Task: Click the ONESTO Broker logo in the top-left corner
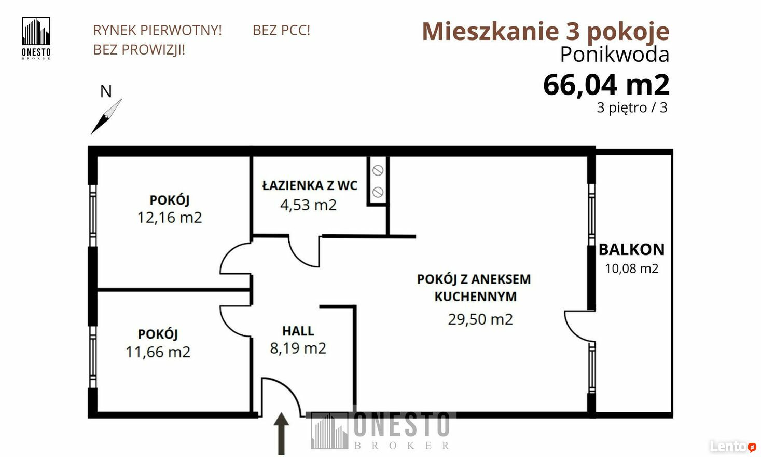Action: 36,38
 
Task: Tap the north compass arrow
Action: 106,116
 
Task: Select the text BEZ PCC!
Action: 281,30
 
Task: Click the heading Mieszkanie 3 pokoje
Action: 546,31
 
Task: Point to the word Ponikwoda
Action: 615,55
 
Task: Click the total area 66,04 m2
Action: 606,85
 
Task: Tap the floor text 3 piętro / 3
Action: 632,108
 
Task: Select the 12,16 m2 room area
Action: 170,218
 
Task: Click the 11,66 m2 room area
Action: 158,352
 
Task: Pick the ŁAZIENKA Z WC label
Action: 310,185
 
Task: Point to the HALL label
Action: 298,331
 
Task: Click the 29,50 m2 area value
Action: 480,319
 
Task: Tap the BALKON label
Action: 631,250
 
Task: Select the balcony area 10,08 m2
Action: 631,268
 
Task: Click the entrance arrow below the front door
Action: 281,434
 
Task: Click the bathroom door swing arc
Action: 299,259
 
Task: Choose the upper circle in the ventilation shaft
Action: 378,170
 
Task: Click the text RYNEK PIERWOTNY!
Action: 157,30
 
